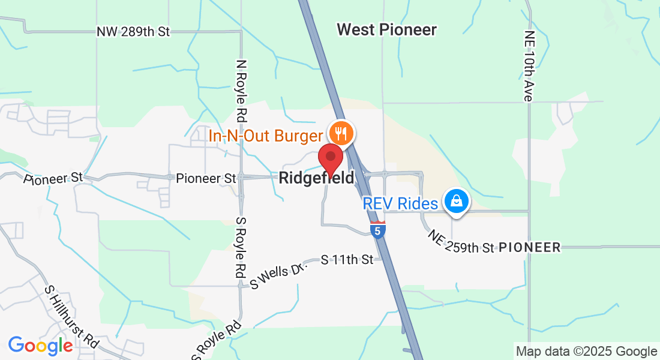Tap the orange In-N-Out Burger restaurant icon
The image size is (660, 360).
click(341, 133)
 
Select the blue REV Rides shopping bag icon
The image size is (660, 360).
click(456, 201)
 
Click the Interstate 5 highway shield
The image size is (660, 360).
click(377, 230)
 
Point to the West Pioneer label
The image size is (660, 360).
click(386, 29)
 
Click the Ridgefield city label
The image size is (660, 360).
click(316, 178)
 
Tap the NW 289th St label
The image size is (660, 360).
click(133, 32)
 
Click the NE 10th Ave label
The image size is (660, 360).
click(528, 66)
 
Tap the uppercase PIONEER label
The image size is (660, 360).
click(530, 247)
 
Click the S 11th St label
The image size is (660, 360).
click(347, 260)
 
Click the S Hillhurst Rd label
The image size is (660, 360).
click(72, 315)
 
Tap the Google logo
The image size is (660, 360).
click(40, 346)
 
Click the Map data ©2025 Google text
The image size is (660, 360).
click(587, 352)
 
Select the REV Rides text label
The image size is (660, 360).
click(400, 204)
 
